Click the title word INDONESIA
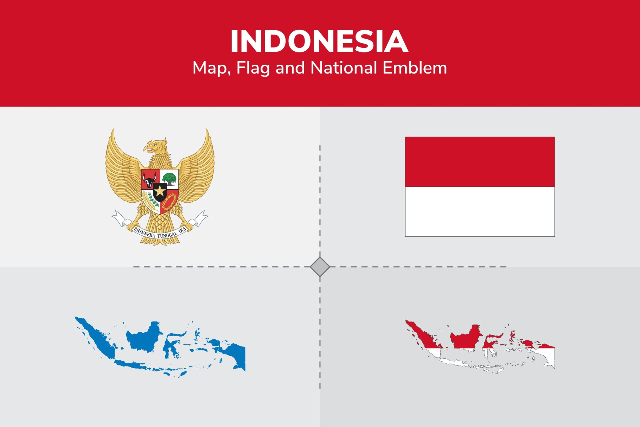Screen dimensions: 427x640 tap(319, 42)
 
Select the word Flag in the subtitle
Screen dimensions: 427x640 tap(252, 68)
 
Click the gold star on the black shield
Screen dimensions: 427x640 tap(160, 191)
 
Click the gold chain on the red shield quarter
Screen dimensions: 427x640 tap(169, 202)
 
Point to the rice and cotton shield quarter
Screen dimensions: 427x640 tap(149, 201)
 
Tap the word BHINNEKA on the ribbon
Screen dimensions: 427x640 tap(144, 232)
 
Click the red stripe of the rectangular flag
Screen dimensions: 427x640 tap(480, 162)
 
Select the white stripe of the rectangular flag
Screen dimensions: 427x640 tap(480, 211)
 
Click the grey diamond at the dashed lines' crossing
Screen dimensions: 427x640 tap(320, 267)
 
